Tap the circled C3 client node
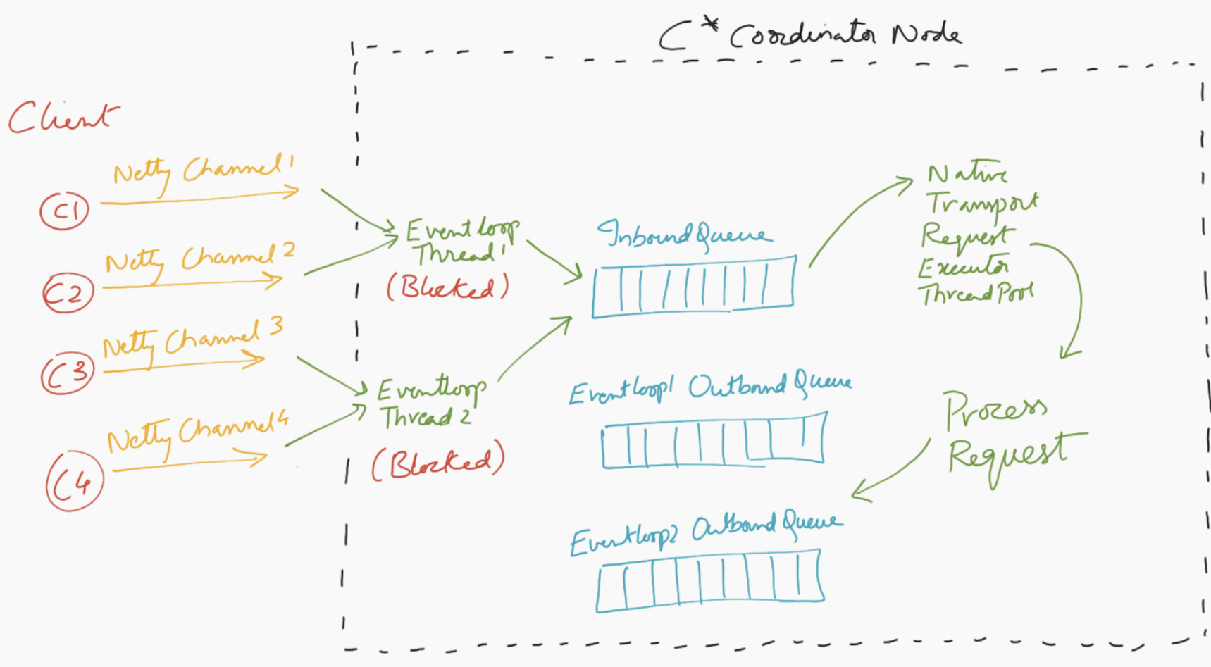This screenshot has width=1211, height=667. [68, 374]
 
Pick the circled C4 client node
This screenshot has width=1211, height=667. [75, 482]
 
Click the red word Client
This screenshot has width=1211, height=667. [63, 117]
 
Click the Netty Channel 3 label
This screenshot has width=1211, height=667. [192, 339]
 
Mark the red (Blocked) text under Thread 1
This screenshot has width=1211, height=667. [447, 287]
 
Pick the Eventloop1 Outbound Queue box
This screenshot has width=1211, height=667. [713, 441]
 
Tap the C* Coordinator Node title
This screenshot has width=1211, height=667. [810, 34]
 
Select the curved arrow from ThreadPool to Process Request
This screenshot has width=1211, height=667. [1076, 296]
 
